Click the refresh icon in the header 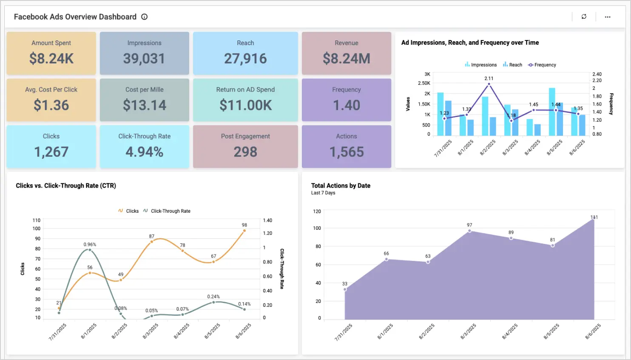point(584,17)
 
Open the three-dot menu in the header point(608,17)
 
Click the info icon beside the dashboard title point(145,17)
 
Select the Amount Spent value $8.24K point(51,58)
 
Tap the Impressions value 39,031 point(144,58)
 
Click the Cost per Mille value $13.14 point(145,105)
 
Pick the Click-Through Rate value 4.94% point(145,152)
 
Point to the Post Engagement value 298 point(245,152)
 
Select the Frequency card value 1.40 point(347,105)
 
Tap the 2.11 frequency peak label point(489,78)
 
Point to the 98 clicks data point point(244,231)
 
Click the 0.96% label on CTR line point(90,245)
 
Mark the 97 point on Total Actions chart point(469,231)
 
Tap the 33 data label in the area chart point(345,284)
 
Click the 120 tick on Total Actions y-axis point(317,211)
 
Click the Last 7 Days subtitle point(323,193)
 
